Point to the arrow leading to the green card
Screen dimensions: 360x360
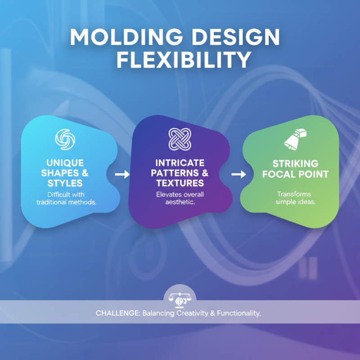tap(238, 175)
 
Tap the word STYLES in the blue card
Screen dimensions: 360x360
tap(65, 183)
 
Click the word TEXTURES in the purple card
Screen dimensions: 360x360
tap(180, 183)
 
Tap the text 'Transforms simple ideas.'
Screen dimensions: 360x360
tap(295, 198)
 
